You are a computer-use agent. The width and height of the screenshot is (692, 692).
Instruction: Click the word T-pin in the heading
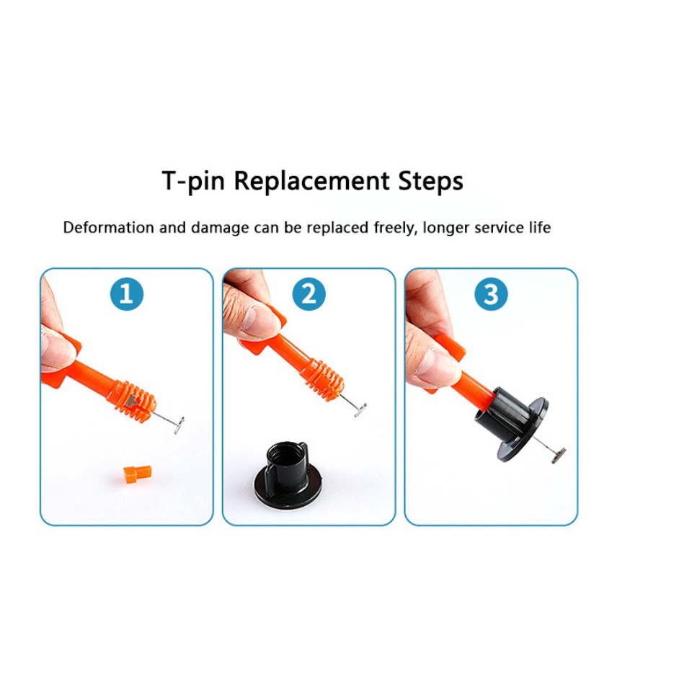(x=193, y=181)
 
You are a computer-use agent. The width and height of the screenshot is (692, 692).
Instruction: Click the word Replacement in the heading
(x=311, y=181)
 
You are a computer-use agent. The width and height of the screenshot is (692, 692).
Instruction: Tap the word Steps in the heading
(x=431, y=181)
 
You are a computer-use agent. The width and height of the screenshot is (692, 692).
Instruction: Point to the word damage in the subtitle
(x=220, y=229)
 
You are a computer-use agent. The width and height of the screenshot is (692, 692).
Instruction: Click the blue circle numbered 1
(x=127, y=294)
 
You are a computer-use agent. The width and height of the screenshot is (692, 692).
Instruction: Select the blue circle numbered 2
(x=309, y=294)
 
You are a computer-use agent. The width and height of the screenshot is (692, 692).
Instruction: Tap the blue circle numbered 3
(x=491, y=294)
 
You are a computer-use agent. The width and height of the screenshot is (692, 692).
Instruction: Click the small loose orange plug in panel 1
(x=137, y=474)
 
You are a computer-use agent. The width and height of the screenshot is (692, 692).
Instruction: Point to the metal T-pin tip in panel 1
(x=179, y=425)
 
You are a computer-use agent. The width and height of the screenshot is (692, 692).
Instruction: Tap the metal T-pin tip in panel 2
(x=360, y=410)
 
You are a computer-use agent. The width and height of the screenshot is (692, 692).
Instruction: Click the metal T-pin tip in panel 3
(x=558, y=456)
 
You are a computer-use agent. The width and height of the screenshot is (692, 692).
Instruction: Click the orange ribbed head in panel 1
(x=135, y=400)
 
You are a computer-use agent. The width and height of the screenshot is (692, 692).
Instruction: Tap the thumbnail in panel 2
(x=259, y=319)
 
